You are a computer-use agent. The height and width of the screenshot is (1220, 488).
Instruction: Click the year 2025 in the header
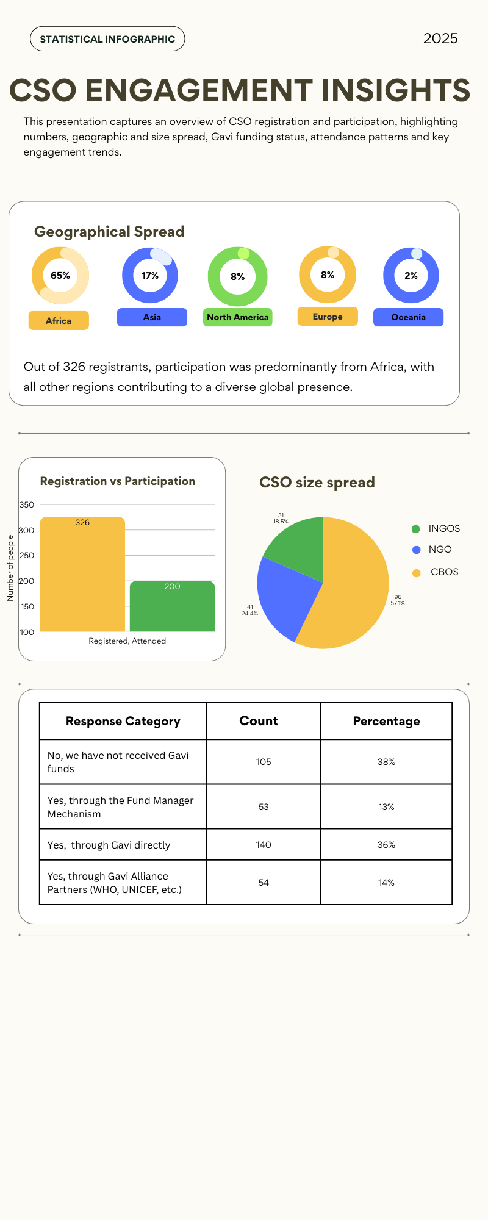(x=440, y=38)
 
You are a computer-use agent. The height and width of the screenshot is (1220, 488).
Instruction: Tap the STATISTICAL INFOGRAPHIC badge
(x=107, y=39)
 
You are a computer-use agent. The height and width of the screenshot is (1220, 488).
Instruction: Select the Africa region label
(x=59, y=321)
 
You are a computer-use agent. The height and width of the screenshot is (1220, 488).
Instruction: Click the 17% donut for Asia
(x=150, y=276)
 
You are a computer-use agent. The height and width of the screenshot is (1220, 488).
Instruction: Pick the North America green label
(x=237, y=317)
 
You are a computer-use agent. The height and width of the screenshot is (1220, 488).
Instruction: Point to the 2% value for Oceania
(x=411, y=276)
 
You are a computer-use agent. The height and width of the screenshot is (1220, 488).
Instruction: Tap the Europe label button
(x=328, y=317)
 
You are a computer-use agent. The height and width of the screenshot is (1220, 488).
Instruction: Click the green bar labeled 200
(x=172, y=607)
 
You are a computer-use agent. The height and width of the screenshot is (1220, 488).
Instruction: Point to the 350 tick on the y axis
(x=27, y=504)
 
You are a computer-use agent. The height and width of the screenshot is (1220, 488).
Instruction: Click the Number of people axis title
(x=10, y=568)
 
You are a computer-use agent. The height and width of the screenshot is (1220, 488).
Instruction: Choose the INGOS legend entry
(x=443, y=529)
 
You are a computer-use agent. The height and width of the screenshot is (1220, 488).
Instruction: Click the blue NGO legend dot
(x=417, y=550)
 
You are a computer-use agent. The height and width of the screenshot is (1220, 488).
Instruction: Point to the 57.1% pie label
(x=398, y=603)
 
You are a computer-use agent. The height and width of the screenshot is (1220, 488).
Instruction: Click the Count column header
(x=259, y=721)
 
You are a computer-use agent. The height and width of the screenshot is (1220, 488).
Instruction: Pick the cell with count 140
(x=264, y=845)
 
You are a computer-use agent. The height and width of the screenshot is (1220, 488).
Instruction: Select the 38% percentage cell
(x=386, y=762)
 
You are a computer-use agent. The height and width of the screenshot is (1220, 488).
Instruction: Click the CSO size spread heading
(x=317, y=483)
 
